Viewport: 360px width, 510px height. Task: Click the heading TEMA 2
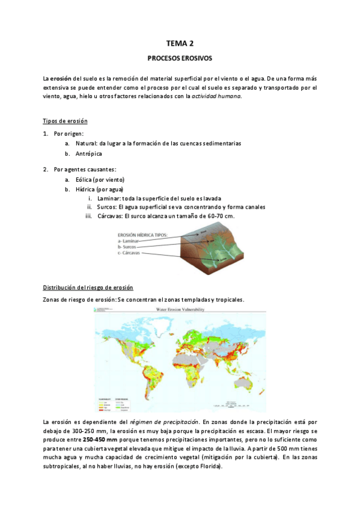click(x=180, y=43)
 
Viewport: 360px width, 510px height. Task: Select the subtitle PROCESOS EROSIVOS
click(x=180, y=59)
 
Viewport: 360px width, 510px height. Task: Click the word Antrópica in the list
click(x=89, y=154)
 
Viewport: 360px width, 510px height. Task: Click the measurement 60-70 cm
click(x=219, y=216)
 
